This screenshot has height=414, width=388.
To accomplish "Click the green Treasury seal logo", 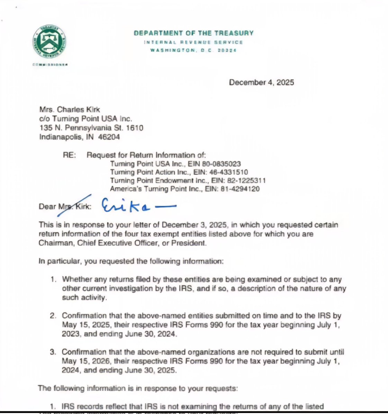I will [x=49, y=41].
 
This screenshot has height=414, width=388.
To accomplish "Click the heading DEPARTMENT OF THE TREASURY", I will [x=193, y=33].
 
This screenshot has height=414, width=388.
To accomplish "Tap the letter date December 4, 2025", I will [x=261, y=82].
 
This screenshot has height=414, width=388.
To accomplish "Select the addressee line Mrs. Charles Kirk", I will [x=70, y=110].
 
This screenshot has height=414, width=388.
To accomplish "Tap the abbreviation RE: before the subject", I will [x=69, y=155].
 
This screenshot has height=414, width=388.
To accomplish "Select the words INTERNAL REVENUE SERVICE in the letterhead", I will [x=193, y=42].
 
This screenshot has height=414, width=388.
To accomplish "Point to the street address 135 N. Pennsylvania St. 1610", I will [x=91, y=128].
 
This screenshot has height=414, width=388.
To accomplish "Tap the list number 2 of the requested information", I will [x=53, y=316].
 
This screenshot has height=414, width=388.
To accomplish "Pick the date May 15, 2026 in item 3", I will [x=83, y=361].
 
